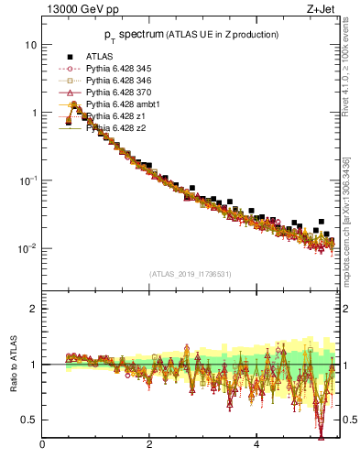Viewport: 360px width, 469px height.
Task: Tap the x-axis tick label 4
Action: tap(257, 446)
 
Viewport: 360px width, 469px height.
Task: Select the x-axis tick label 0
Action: tap(43, 446)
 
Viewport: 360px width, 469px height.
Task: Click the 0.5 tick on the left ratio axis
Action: tap(31, 420)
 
